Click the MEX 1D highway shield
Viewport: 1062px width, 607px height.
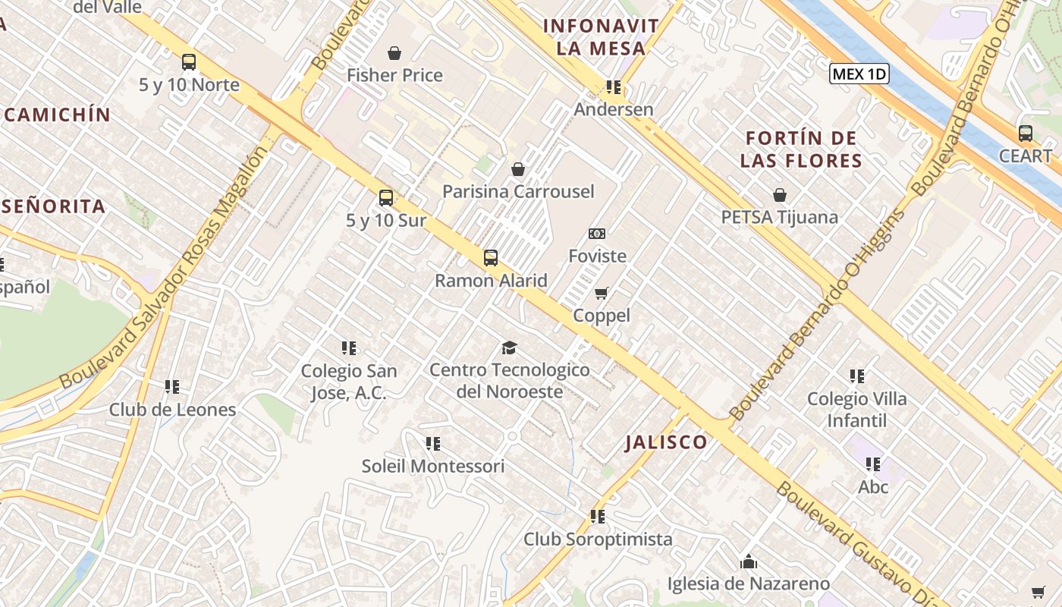pos(859,74)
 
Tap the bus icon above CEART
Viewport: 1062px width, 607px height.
pos(1026,134)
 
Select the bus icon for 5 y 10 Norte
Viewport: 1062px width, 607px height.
pos(189,62)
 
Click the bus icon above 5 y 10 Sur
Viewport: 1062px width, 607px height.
pos(386,198)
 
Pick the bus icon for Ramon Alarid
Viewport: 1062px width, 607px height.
pos(491,258)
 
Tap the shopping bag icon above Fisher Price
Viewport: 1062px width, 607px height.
pos(394,53)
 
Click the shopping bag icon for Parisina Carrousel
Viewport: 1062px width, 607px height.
pos(518,169)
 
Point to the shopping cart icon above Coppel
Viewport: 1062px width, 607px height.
pos(602,293)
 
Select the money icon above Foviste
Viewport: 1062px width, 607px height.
pos(597,234)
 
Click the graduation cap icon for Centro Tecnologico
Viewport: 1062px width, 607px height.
pos(509,348)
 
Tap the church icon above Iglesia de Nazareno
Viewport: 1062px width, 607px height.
pos(749,561)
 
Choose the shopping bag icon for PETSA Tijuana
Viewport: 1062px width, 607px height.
pos(779,195)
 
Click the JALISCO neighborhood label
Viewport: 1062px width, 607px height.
pos(666,442)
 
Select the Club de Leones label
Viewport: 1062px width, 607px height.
pos(172,410)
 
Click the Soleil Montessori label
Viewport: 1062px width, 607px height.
pos(432,466)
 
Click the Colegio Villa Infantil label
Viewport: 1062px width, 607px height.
pos(856,409)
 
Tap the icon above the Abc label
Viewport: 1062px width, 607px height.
pos(873,464)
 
